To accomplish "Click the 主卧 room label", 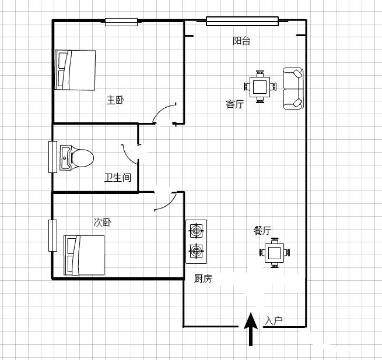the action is pyautogui.click(x=115, y=100).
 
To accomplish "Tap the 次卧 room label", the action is pyautogui.click(x=103, y=222).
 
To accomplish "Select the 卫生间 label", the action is pyautogui.click(x=118, y=178).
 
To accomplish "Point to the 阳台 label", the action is pyautogui.click(x=241, y=41).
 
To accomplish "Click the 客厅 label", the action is pyautogui.click(x=235, y=104).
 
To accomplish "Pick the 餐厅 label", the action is pyautogui.click(x=262, y=230).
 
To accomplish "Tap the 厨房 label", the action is pyautogui.click(x=203, y=278).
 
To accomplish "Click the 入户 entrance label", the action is pyautogui.click(x=274, y=321).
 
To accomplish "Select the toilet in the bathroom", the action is pyautogui.click(x=77, y=158).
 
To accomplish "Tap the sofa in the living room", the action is pyautogui.click(x=293, y=89).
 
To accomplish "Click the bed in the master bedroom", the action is pyautogui.click(x=75, y=70).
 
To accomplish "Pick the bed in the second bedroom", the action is pyautogui.click(x=84, y=255).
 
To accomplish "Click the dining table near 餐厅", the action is pyautogui.click(x=275, y=253).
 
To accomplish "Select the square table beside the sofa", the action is pyautogui.click(x=260, y=87).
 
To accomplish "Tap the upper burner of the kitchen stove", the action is pyautogui.click(x=196, y=230).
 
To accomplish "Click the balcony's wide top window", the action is pyautogui.click(x=242, y=21).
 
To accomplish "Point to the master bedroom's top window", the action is pyautogui.click(x=121, y=22).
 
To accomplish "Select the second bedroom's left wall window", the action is pyautogui.click(x=53, y=235).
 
